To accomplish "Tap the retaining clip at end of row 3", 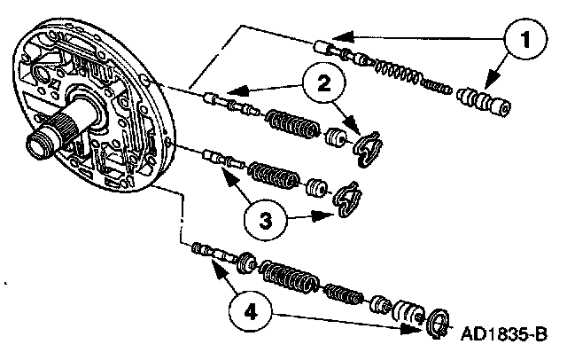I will point(346,198).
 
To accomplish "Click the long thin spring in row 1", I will point(405,71).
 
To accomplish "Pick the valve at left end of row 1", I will point(331,49).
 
